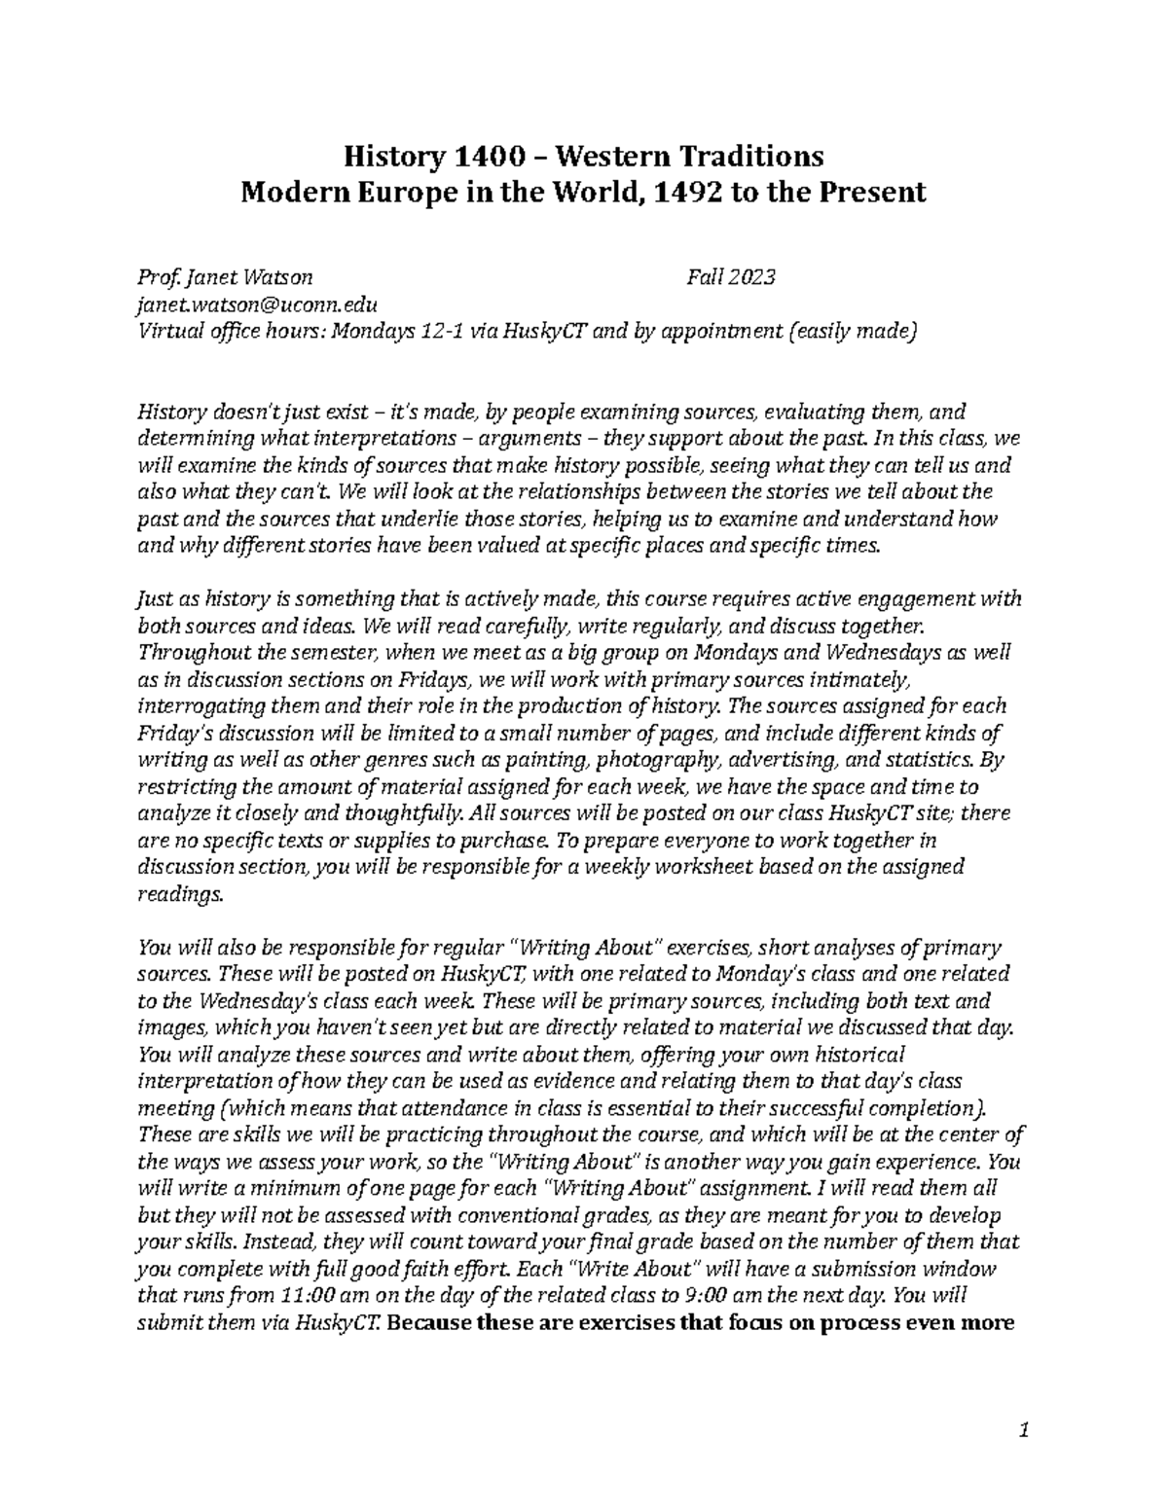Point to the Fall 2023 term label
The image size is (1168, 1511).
[730, 278]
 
